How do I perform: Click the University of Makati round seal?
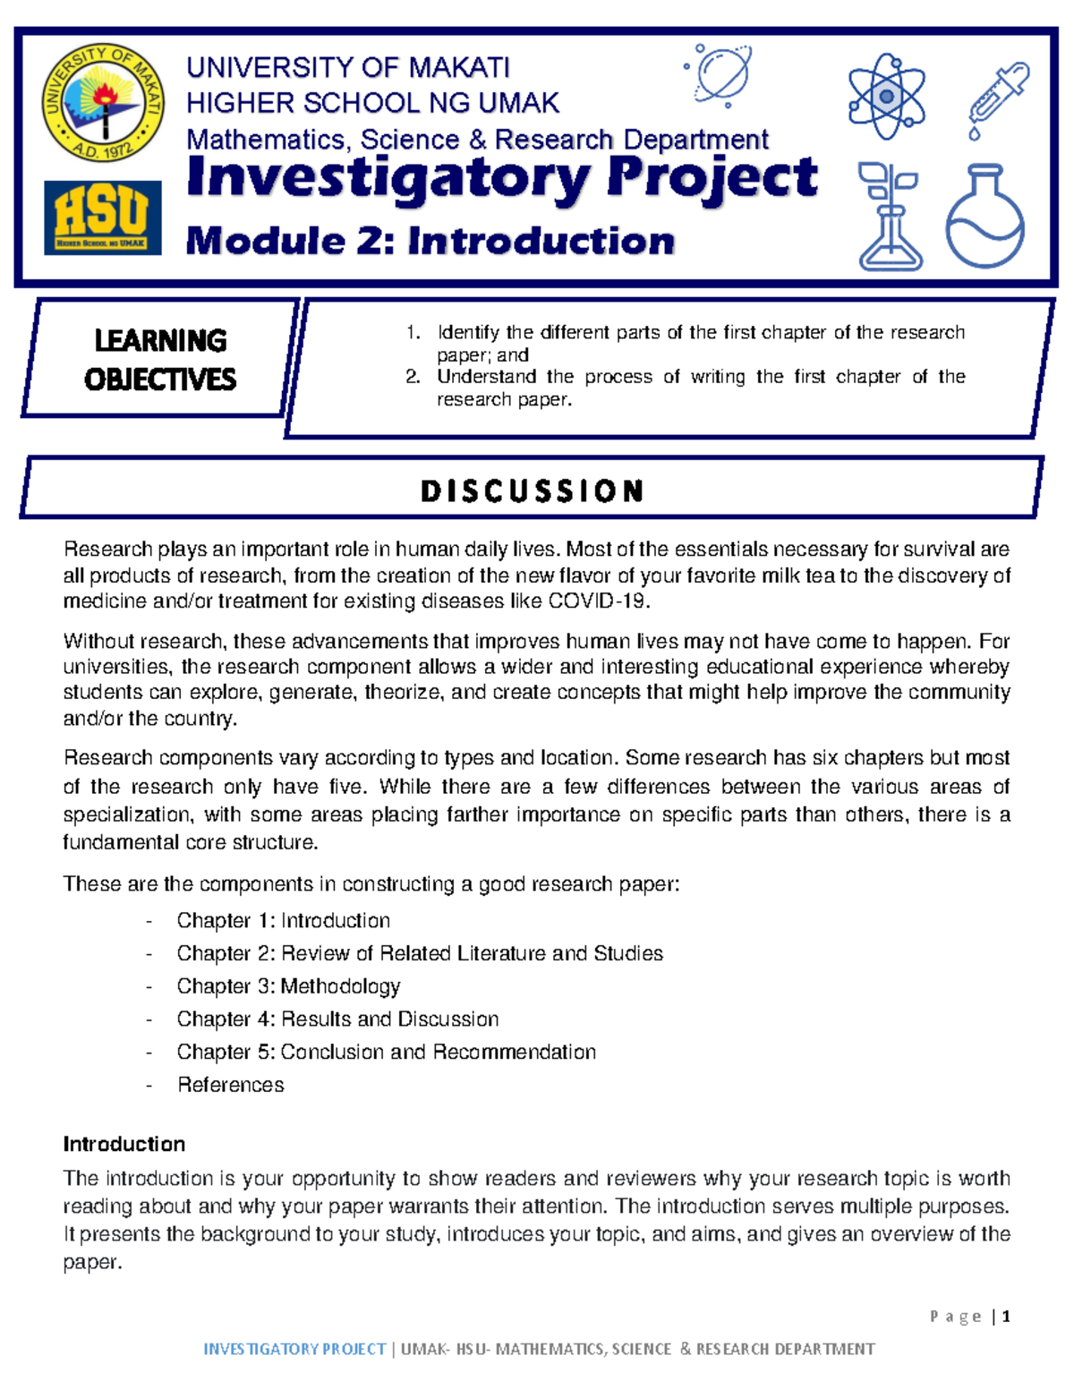(x=104, y=103)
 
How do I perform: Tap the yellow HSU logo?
(x=103, y=217)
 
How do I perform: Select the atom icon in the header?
(x=886, y=97)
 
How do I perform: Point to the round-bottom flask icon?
(x=984, y=217)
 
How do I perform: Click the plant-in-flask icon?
(x=889, y=217)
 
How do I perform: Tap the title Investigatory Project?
(x=501, y=177)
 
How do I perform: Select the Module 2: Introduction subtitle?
(x=430, y=242)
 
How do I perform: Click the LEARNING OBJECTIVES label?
(x=160, y=360)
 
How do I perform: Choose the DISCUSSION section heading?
(x=533, y=490)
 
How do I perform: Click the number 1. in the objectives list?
(x=413, y=333)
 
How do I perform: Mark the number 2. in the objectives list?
(x=413, y=377)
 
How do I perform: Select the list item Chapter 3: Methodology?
(x=288, y=986)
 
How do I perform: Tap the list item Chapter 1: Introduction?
(x=283, y=921)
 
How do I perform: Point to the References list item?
(x=231, y=1085)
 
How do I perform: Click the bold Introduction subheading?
(x=124, y=1144)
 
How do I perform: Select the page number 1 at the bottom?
(x=1006, y=1316)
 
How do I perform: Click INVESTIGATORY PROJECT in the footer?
(x=294, y=1349)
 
